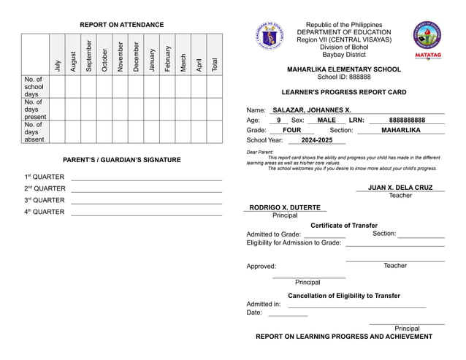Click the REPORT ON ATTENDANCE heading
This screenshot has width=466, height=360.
[122, 25]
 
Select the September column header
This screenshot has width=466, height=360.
[89, 55]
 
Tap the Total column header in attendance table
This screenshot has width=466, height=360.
[214, 64]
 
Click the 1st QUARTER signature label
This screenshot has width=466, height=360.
[44, 177]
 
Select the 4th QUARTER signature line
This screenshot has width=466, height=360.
[146, 215]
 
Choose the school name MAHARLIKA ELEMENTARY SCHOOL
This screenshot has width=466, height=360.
[344, 69]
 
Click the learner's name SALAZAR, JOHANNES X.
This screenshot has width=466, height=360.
[312, 110]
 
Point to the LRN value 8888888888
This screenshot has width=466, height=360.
[407, 120]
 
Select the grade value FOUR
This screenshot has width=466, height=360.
[291, 130]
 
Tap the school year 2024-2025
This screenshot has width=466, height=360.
[316, 140]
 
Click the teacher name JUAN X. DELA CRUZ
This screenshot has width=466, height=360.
[400, 188]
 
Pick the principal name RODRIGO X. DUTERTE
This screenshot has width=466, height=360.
[285, 207]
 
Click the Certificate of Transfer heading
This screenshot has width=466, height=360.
[344, 226]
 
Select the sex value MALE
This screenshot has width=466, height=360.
[326, 120]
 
